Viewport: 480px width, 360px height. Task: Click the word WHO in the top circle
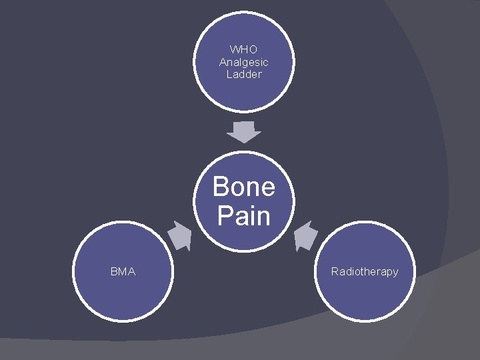(243, 49)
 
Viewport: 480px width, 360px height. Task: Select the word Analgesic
(243, 62)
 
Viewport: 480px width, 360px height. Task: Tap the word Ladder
(243, 75)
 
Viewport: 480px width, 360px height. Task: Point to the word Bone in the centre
(243, 187)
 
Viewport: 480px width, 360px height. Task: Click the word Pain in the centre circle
(243, 217)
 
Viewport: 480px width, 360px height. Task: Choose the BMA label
(123, 272)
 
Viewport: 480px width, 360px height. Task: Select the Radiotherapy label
(365, 272)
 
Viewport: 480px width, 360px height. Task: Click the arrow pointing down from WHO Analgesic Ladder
(243, 132)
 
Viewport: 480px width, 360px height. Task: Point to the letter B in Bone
(221, 187)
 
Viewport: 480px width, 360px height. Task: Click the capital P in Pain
(225, 217)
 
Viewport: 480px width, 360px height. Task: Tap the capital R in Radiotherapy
(335, 272)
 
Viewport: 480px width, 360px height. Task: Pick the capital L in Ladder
(229, 75)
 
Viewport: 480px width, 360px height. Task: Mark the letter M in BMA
(123, 272)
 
